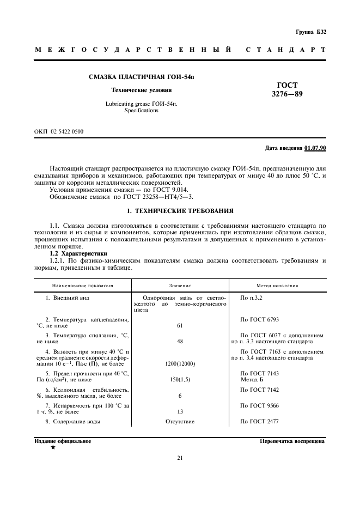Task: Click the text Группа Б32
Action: click(311, 32)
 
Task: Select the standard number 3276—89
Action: click(287, 94)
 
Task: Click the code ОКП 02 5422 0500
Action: click(59, 131)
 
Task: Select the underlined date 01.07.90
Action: click(315, 148)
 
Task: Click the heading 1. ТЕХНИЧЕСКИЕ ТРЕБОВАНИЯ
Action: click(180, 210)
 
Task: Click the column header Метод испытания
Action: click(277, 285)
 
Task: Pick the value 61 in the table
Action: click(179, 325)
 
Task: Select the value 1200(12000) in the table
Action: click(179, 363)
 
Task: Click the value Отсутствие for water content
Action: click(179, 422)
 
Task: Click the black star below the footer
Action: click(53, 447)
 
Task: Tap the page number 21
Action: click(180, 458)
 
